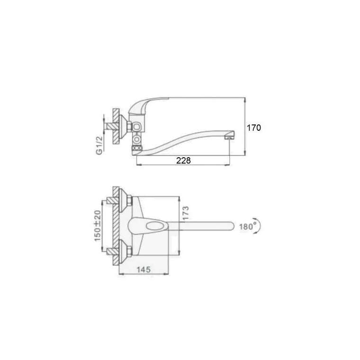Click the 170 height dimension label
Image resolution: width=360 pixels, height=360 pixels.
(254, 127)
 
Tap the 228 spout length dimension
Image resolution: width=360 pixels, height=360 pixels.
(183, 160)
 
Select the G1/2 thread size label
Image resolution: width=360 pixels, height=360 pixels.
(99, 145)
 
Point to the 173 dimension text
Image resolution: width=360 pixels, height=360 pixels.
(186, 213)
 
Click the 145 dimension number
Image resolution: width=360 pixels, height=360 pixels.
(144, 270)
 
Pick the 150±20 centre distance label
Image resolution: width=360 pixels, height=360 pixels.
(98, 226)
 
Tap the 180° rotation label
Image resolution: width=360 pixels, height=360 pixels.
(248, 226)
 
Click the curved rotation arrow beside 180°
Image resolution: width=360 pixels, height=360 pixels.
(259, 226)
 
